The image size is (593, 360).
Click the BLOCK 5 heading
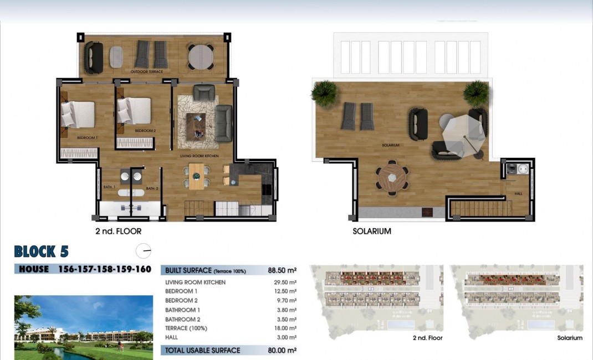pos(42,251)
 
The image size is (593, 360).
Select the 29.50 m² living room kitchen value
pos(283,282)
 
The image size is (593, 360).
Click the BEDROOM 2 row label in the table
pos(181,301)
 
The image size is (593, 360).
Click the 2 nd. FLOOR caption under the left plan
pos(118,231)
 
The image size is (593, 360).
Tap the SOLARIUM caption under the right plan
pos(372,231)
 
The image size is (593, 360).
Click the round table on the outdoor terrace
pos(201,56)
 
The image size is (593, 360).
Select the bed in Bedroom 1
pos(78,114)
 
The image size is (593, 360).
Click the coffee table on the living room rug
pos(195,126)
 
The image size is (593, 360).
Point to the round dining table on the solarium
pos(392,177)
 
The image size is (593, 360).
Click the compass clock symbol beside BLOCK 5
pos(143,251)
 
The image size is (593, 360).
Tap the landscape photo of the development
pos(83,327)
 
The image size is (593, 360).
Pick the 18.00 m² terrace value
pos(283,328)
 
